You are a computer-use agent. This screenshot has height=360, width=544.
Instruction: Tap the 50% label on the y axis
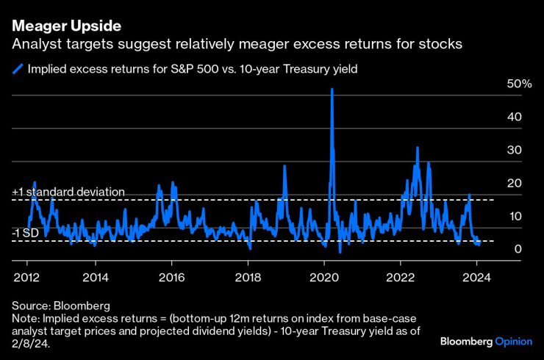click(520, 84)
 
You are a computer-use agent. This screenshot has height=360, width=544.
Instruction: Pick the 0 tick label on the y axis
click(518, 249)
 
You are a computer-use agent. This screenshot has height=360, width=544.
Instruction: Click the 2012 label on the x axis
click(27, 277)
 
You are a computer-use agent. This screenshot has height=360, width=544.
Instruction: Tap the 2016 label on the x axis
click(171, 277)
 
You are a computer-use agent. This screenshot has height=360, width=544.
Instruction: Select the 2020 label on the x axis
click(324, 277)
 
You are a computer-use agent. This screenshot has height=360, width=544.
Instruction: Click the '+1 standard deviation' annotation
click(68, 192)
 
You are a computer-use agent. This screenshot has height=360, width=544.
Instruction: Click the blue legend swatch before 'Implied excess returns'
click(18, 70)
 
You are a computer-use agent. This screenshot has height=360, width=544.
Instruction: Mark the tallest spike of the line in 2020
click(332, 90)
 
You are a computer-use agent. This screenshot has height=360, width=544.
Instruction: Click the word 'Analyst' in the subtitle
click(33, 45)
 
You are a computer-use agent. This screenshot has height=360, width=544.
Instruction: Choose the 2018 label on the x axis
click(248, 277)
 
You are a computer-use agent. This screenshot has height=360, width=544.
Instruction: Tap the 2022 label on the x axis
click(401, 277)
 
